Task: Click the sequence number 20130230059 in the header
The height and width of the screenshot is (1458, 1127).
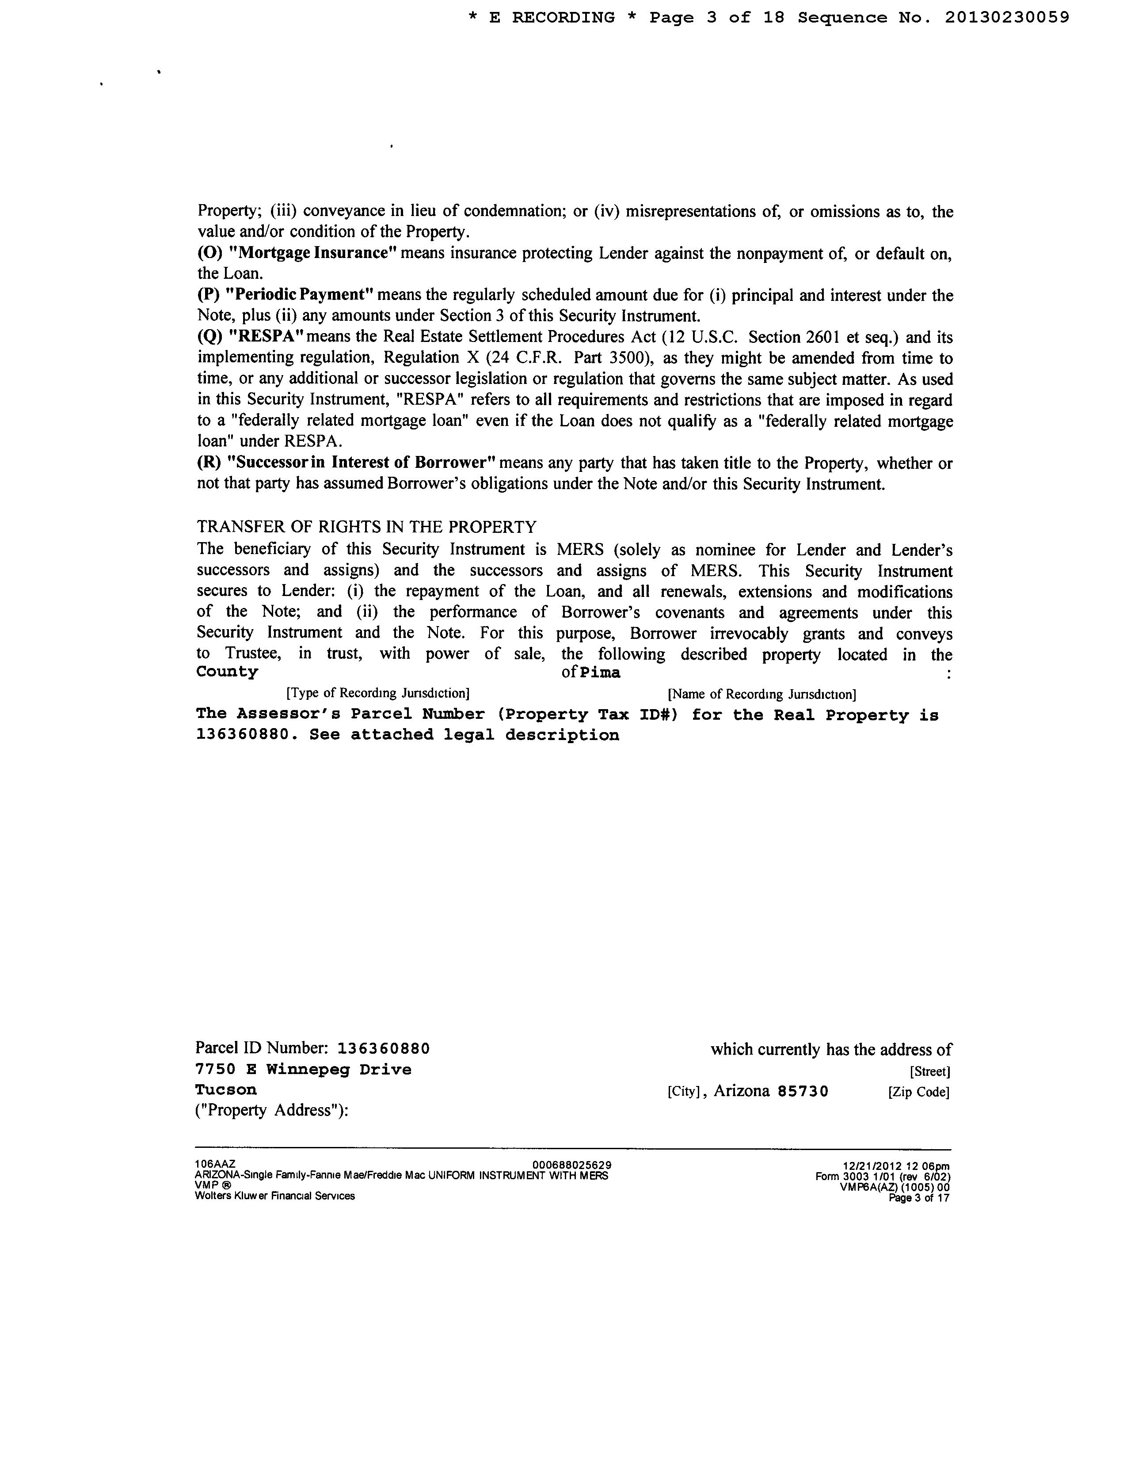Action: click(x=1007, y=18)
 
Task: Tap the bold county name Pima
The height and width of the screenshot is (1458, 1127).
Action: click(x=600, y=673)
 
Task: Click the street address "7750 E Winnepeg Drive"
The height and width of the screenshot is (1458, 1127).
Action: click(x=303, y=1070)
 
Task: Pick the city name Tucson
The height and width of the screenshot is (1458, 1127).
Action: click(x=226, y=1090)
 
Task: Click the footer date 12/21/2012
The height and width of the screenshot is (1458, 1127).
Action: click(x=867, y=1167)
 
